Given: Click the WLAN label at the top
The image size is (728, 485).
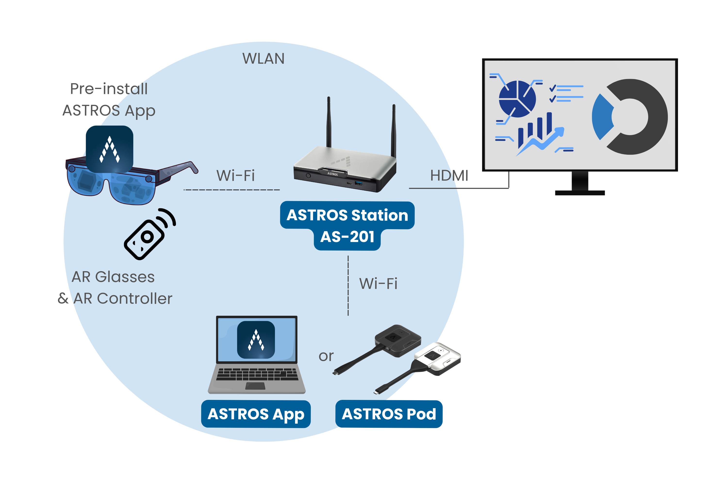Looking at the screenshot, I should (x=263, y=58).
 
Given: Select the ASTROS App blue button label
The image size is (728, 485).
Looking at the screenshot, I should (x=256, y=414).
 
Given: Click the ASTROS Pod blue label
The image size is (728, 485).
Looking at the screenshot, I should (x=389, y=414).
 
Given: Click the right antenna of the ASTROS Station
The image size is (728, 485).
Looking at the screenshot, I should (x=393, y=130).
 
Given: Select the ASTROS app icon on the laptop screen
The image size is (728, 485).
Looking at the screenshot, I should (x=256, y=340).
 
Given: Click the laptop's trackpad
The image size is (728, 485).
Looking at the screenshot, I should (x=255, y=386).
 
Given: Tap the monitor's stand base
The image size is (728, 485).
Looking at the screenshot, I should (x=579, y=193).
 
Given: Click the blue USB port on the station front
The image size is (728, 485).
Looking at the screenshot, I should (x=358, y=183).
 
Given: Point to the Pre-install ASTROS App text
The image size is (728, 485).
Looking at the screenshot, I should (x=109, y=100).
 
